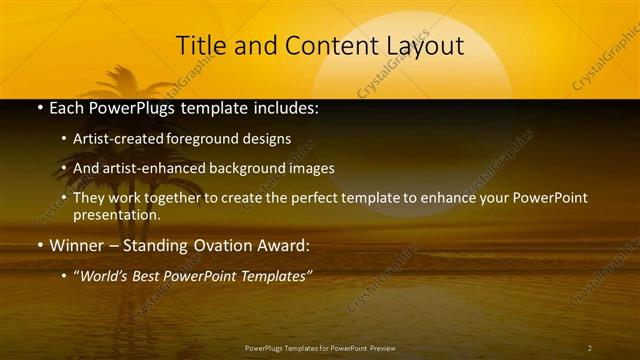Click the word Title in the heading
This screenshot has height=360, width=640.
click(x=201, y=46)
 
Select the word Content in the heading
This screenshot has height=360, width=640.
click(x=324, y=46)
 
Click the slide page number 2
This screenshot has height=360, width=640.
click(x=589, y=348)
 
